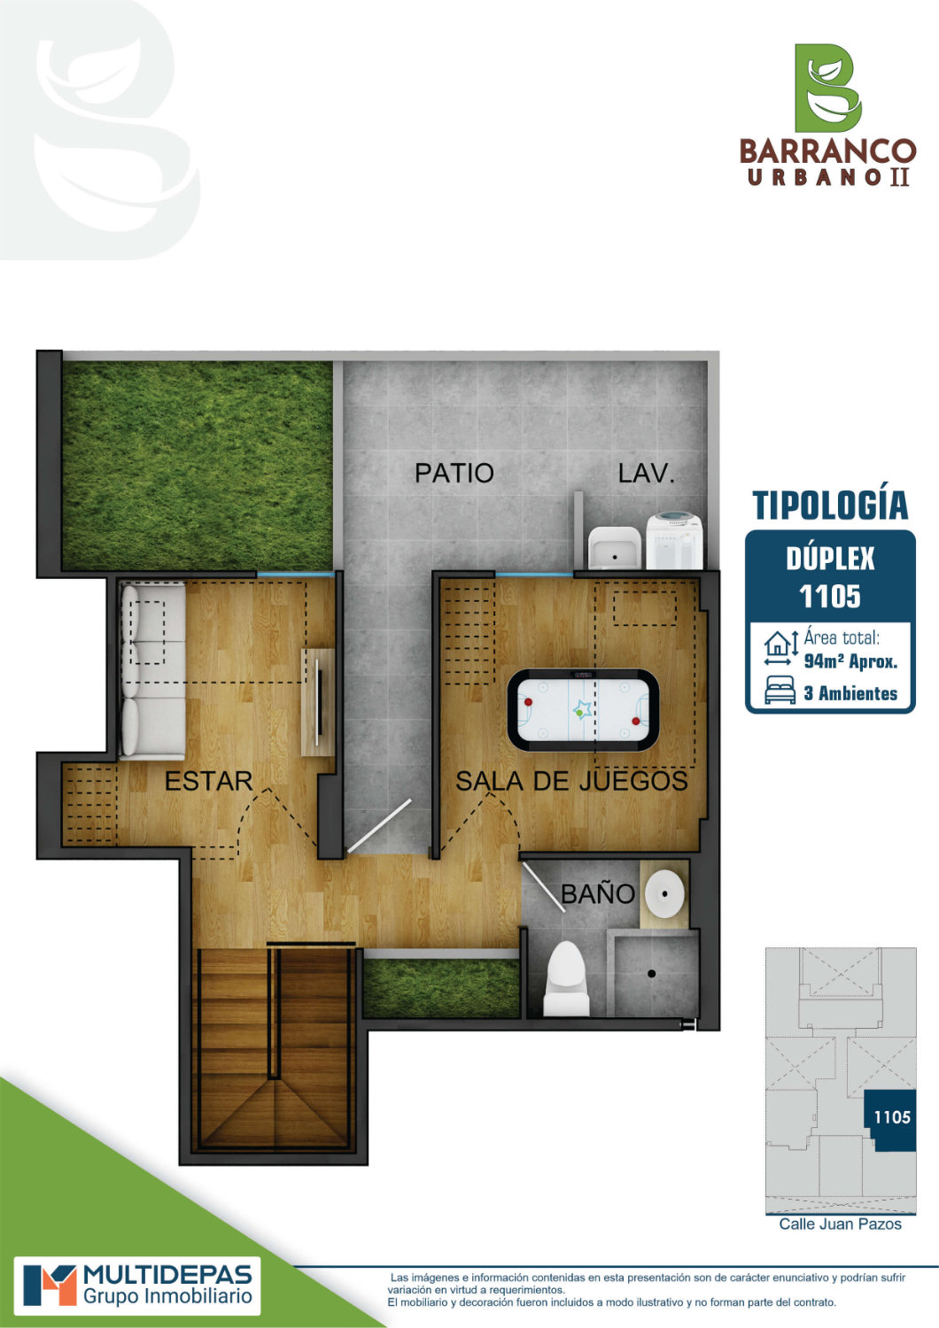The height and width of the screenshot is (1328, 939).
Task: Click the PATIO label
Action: [x=454, y=473]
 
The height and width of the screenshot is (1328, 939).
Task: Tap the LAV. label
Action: [x=646, y=473]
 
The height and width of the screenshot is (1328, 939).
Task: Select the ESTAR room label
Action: [x=209, y=781]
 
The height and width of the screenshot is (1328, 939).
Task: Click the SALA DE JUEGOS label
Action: [x=572, y=781]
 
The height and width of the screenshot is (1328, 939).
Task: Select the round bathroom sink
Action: [x=664, y=893]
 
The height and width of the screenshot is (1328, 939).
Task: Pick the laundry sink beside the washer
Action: [x=615, y=548]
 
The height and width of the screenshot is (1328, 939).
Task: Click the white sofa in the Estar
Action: [x=152, y=670]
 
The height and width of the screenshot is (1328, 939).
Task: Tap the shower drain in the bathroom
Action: [x=651, y=974]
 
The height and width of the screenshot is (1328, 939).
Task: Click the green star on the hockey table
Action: [x=580, y=710]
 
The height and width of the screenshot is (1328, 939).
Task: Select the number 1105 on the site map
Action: [x=892, y=1117]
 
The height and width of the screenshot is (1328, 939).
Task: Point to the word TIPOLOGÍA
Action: [x=830, y=506]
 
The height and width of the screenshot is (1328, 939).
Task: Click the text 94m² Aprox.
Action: [x=850, y=661]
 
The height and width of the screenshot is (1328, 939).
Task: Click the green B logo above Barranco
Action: [x=828, y=88]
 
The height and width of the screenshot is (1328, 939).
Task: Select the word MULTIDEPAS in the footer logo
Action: [x=168, y=1274]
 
